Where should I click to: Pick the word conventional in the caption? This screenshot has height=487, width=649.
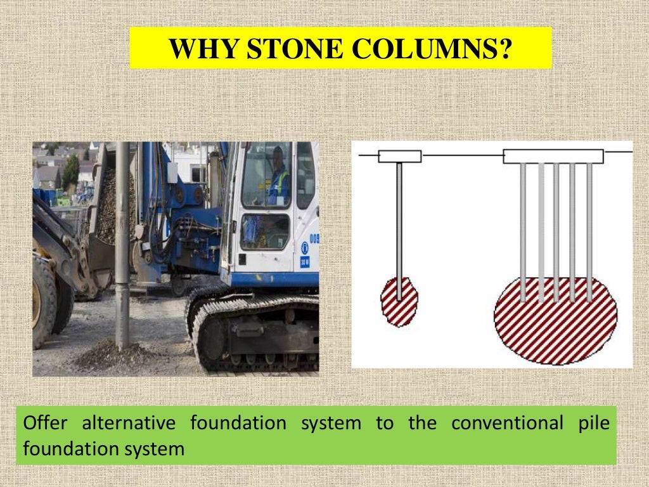click(506, 424)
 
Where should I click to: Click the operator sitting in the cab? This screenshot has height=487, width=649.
click(278, 178)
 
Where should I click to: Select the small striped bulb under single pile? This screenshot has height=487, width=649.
click(399, 302)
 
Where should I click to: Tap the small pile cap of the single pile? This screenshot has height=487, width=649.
click(399, 156)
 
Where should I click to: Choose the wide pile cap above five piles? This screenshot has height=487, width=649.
click(553, 156)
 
